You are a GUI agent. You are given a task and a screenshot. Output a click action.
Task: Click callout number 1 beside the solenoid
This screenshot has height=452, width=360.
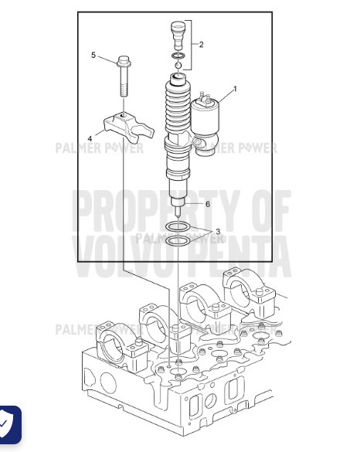(235, 88)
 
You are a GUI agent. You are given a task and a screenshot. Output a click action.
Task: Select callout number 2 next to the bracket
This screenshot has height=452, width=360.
(202, 44)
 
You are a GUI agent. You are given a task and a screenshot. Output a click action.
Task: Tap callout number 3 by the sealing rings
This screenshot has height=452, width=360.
(218, 231)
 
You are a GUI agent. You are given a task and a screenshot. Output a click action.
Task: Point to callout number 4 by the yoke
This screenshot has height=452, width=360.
(90, 139)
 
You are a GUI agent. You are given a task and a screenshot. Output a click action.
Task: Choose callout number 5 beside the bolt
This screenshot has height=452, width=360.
(93, 55)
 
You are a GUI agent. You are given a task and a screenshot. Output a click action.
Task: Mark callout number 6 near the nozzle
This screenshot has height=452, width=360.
(207, 204)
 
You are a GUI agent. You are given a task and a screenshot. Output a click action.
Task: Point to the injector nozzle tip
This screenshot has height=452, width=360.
(179, 209)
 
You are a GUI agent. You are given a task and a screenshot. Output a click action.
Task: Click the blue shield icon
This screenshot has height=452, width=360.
(9, 425)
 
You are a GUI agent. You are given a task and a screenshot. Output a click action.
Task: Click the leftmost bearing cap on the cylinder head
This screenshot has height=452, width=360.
(113, 340)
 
